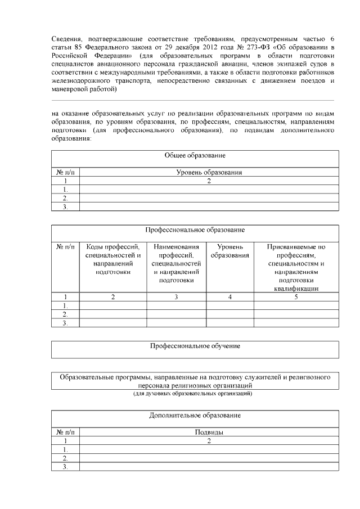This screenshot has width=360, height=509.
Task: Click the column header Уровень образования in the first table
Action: click(209, 173)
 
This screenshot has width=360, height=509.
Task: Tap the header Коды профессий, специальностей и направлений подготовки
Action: click(113, 259)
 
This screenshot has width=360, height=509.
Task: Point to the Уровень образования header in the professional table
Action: click(229, 251)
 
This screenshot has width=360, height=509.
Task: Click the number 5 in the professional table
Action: click(296, 296)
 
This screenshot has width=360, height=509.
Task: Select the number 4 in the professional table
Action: click(229, 296)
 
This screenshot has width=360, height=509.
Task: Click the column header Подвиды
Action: click(209, 433)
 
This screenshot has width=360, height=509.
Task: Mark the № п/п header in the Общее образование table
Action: click(65, 173)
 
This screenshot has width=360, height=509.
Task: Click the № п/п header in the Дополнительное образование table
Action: click(65, 433)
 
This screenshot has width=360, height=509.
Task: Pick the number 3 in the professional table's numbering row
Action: click(176, 296)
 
